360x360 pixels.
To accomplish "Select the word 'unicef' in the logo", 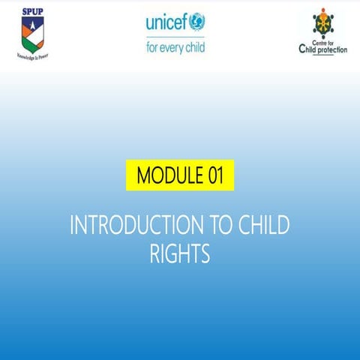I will (x=166, y=22).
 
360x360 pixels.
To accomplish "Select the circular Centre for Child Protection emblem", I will (x=324, y=23).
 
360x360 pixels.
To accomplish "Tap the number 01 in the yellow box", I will (x=215, y=176).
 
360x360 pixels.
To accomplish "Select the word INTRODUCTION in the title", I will (x=130, y=225).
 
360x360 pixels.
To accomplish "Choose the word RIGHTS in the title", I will (x=179, y=254).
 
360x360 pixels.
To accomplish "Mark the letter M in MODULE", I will (x=142, y=176).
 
